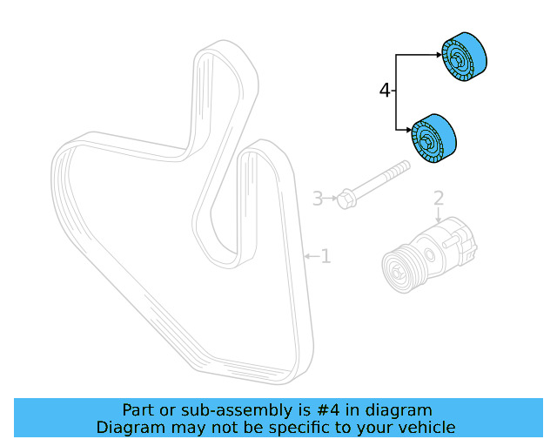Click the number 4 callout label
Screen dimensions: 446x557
[x=386, y=90]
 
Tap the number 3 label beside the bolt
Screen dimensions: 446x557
[x=319, y=199]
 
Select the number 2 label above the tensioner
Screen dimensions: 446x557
[x=439, y=199]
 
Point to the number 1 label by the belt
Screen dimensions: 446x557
[x=325, y=256]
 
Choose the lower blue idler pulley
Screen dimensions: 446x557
[x=434, y=139]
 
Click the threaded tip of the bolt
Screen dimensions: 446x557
[x=405, y=165]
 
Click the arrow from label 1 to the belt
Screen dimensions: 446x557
[x=309, y=256]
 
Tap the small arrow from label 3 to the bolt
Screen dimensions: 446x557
[x=332, y=199]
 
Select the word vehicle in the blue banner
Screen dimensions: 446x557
[x=426, y=427]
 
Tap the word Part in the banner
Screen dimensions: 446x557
[x=138, y=409]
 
